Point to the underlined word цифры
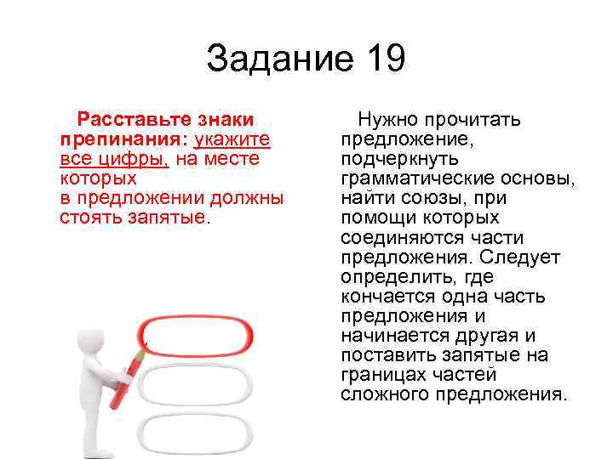coord(131,159)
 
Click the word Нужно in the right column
coord(387,120)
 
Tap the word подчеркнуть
coord(399,159)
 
